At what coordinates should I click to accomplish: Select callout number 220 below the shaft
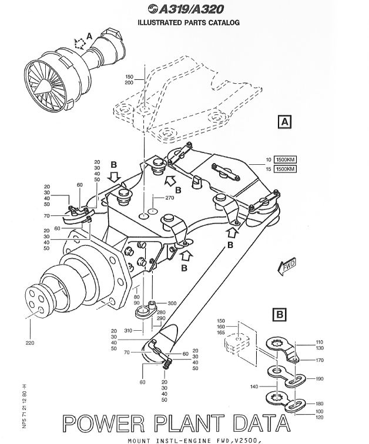tap(29, 342)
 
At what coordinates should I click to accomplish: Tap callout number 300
tap(172, 303)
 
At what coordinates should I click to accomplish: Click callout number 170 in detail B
tap(319, 360)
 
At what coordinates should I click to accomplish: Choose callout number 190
tap(319, 379)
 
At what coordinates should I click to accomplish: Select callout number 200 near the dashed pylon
tap(129, 83)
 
